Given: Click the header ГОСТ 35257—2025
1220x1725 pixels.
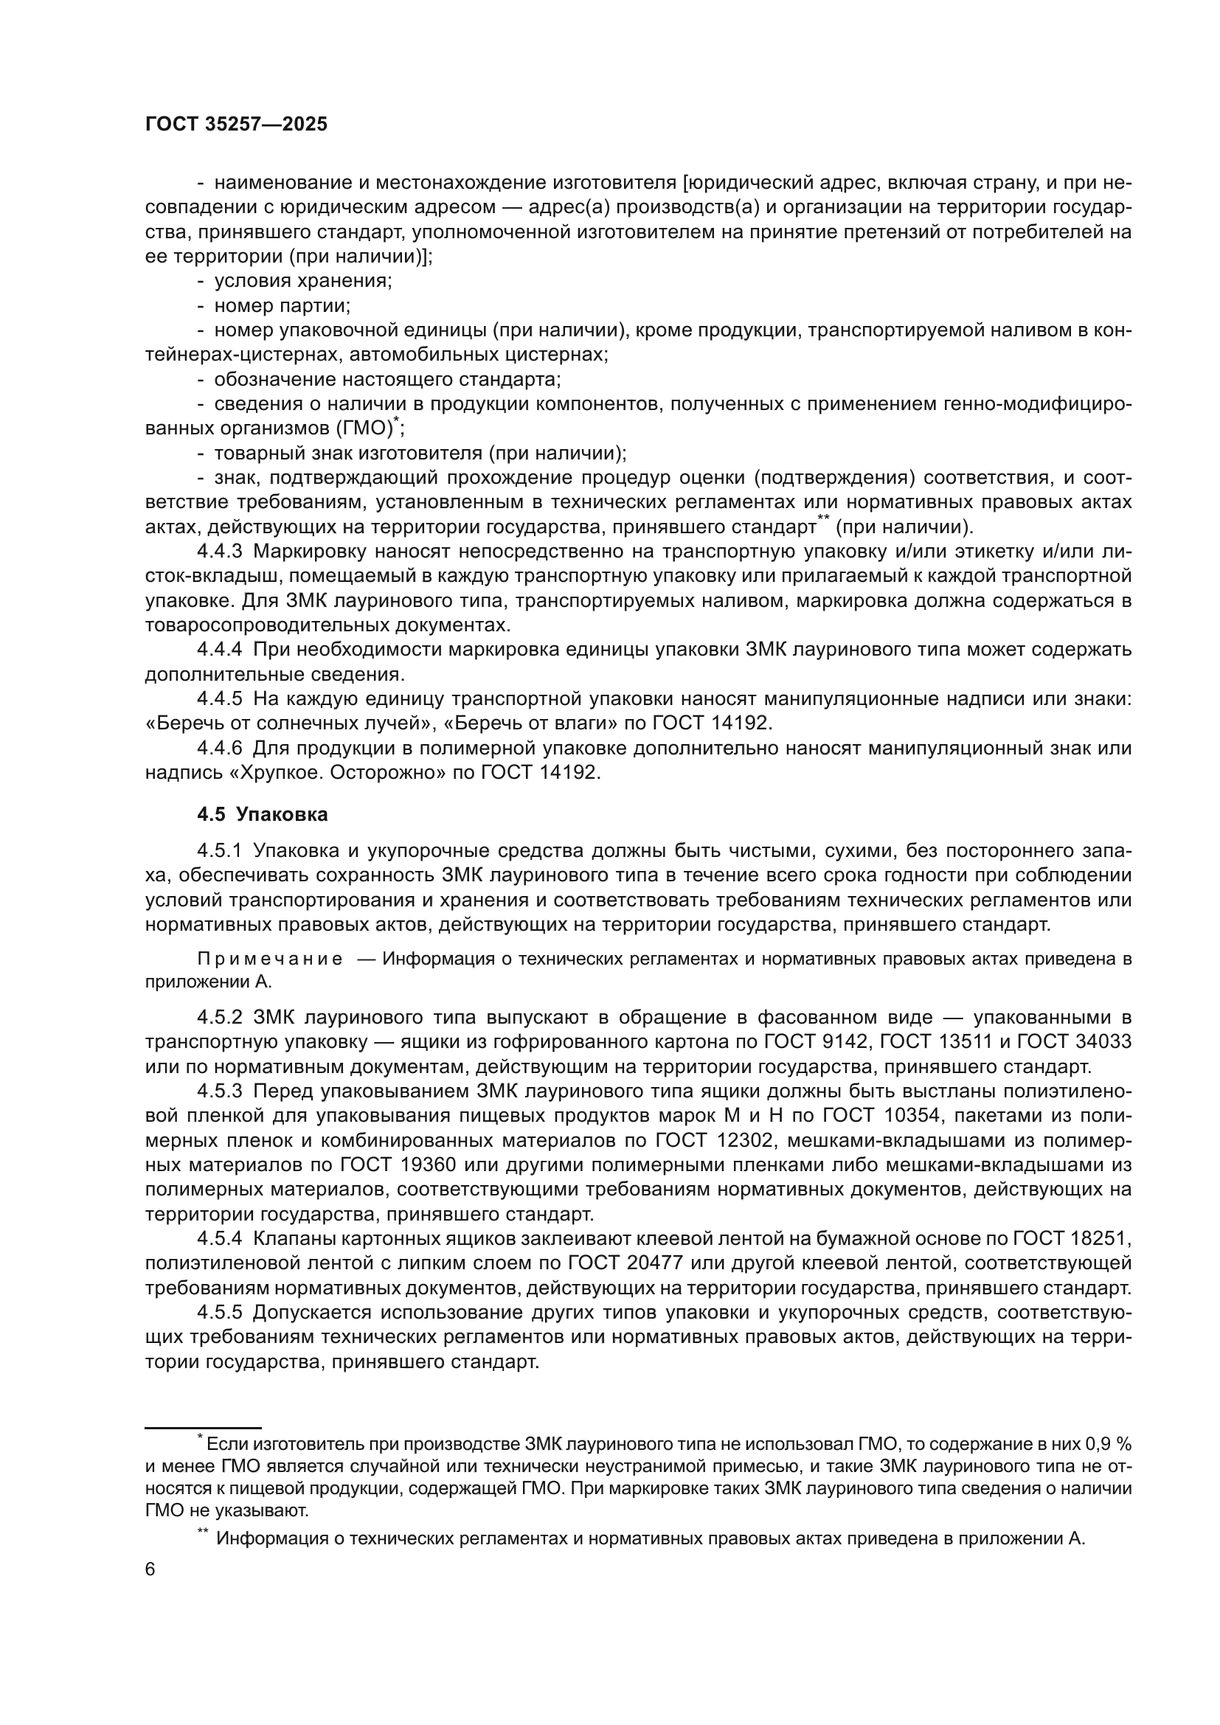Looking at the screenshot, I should click(236, 125).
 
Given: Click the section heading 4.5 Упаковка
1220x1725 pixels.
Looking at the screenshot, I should click(262, 814).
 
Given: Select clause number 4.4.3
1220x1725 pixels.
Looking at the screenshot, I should click(219, 552).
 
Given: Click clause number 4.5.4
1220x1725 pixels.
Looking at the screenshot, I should click(219, 1238).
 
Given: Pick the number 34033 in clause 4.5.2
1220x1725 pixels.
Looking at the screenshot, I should click(1101, 1042).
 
